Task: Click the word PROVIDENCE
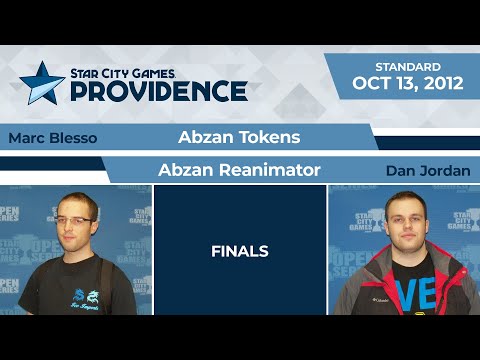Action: [x=157, y=91]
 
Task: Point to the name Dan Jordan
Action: [x=427, y=171]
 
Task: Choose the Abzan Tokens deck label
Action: [x=239, y=137]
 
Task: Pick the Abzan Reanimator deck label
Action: [x=239, y=170]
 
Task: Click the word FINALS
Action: [x=239, y=251]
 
